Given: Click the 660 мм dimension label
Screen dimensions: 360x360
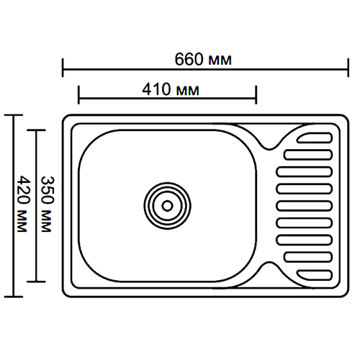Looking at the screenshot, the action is pos(203,59).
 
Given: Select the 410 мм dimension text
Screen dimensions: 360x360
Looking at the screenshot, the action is pos(171,90).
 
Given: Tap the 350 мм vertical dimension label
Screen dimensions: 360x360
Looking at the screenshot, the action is pos(47,204).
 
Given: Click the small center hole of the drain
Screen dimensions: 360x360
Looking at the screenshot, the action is pos(167,206).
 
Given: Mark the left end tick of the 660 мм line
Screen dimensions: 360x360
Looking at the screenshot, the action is pos(63,68).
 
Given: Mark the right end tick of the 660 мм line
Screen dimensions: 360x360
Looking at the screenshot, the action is pos(348,68).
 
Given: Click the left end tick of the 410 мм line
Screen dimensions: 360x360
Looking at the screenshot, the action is pos(78,95).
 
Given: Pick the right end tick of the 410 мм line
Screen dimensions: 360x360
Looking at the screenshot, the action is pos(256,95).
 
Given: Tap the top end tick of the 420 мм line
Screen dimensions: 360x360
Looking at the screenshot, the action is pos(14,115).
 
